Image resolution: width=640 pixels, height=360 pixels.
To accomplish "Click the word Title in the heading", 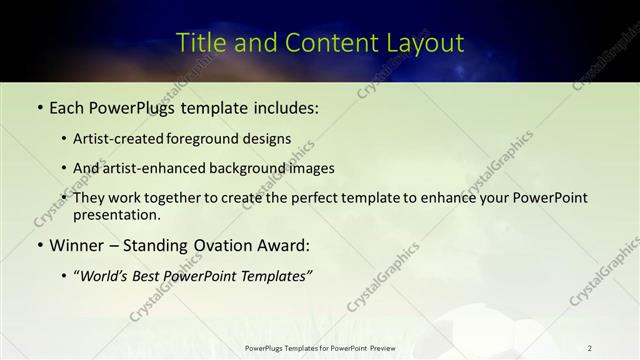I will pos(198,43).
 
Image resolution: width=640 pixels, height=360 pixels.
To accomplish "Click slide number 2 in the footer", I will pos(590,348).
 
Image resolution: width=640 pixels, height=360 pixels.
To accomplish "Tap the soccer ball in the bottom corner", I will pos(520,335).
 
